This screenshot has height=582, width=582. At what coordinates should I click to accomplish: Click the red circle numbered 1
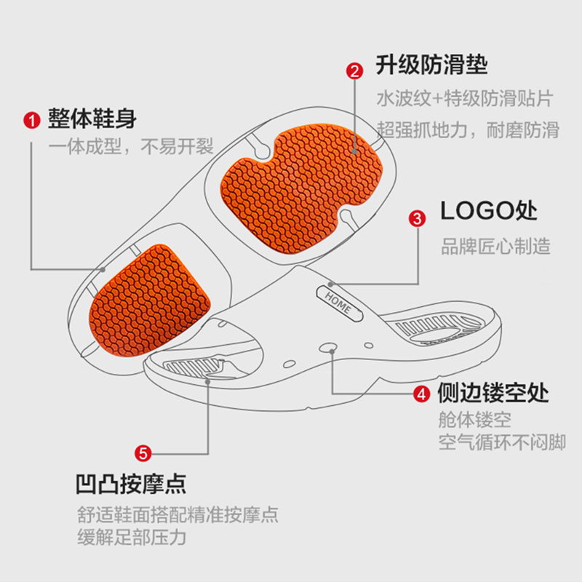31,120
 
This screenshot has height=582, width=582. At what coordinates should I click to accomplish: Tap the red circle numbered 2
354,71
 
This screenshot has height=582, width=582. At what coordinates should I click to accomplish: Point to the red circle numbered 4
421,394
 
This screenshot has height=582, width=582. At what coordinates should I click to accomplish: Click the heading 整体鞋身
92,119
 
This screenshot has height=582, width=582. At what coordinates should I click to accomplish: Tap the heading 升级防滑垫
431,65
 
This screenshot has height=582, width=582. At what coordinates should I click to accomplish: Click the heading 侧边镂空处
493,394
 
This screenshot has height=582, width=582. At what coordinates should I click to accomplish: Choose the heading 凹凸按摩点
131,483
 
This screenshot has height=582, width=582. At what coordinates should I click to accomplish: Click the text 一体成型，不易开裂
131,148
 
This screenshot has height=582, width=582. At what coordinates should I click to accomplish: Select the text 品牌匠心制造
495,246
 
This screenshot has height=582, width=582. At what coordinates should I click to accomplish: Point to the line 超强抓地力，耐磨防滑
468,130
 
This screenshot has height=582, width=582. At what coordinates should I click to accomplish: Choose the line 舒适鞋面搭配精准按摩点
178,515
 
